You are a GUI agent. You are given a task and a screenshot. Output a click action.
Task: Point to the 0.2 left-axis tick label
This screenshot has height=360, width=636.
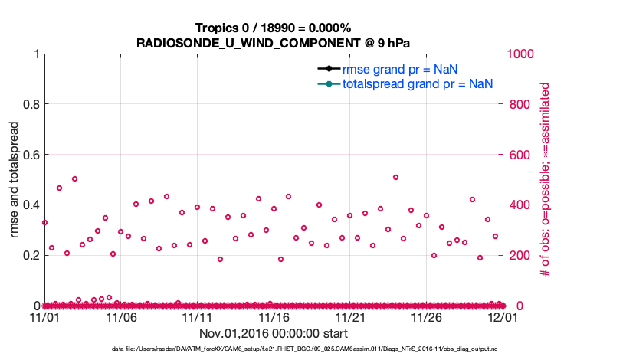click(x=31, y=255)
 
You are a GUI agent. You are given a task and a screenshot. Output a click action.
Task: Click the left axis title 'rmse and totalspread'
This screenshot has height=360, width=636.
click(x=15, y=179)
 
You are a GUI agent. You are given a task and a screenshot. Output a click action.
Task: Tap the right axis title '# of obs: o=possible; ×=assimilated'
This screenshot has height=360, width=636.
click(x=546, y=179)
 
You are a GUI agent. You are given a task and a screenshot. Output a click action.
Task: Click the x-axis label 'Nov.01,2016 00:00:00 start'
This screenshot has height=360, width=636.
click(x=273, y=333)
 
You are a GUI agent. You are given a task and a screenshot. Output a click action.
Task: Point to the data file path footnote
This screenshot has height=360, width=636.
click(x=316, y=349)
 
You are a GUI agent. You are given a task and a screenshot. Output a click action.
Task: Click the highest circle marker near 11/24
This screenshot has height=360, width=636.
click(x=395, y=177)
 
